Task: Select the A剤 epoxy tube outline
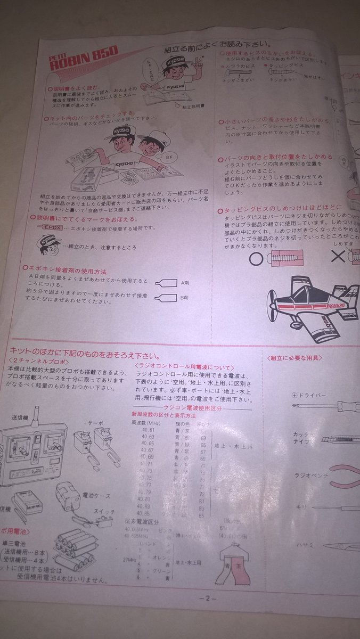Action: point(166,283)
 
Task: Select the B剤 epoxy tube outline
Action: point(166,298)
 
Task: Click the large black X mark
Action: point(338,257)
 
